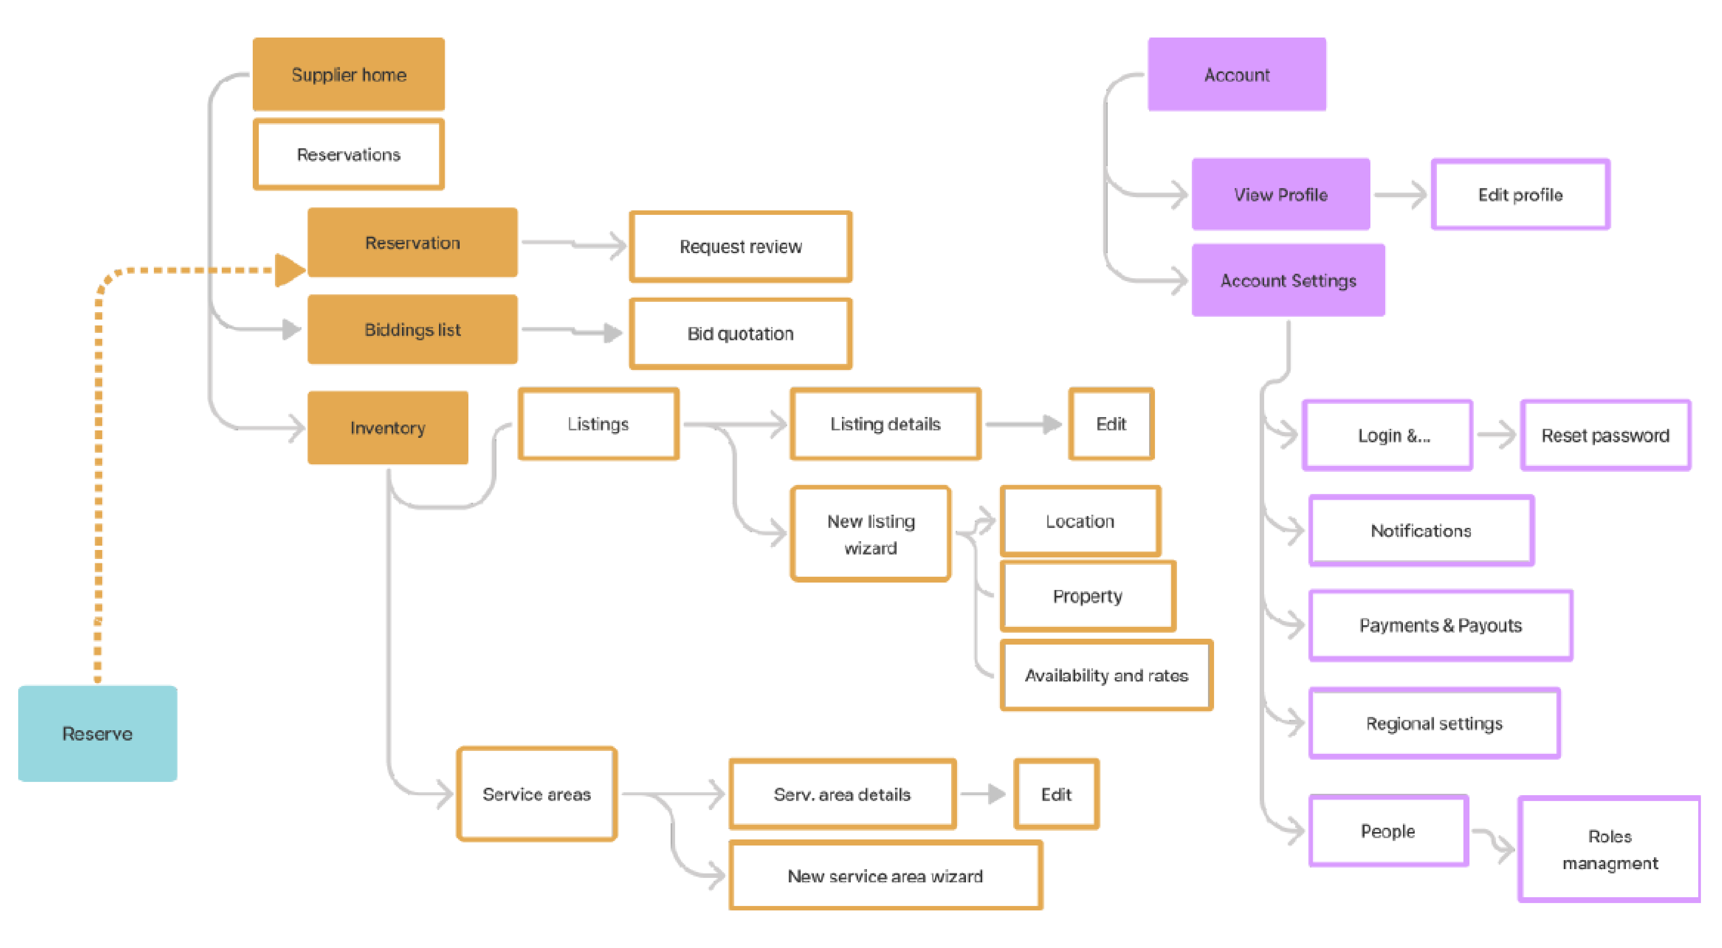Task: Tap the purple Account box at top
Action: tap(1237, 74)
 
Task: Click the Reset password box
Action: tap(1605, 435)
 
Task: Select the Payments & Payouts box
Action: tap(1441, 625)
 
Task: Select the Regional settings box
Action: tap(1435, 723)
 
